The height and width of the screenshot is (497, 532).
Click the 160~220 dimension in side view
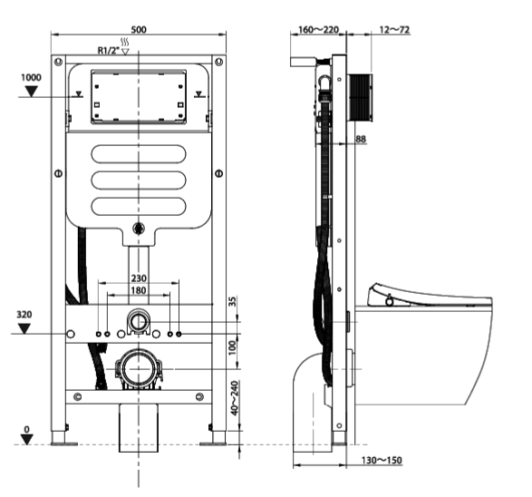pyautogui.click(x=318, y=30)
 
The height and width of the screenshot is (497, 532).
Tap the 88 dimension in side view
pyautogui.click(x=361, y=138)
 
